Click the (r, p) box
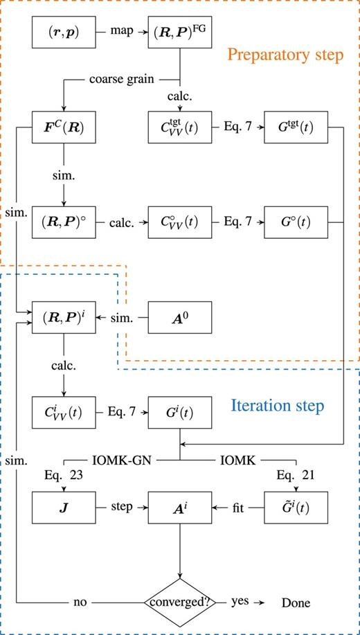(64, 33)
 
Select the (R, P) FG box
(180, 33)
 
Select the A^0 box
(180, 318)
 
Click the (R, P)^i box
(64, 318)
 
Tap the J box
(64, 508)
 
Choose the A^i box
(180, 508)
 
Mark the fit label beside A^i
(238, 508)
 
